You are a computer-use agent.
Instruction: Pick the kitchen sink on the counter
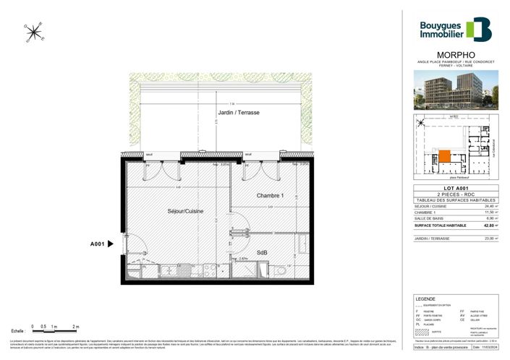click(x=168, y=272)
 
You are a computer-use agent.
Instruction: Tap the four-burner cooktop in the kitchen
click(x=213, y=272)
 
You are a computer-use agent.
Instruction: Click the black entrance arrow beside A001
click(x=110, y=244)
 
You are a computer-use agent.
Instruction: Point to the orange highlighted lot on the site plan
click(x=444, y=155)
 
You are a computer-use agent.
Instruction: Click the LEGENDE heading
click(x=425, y=299)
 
